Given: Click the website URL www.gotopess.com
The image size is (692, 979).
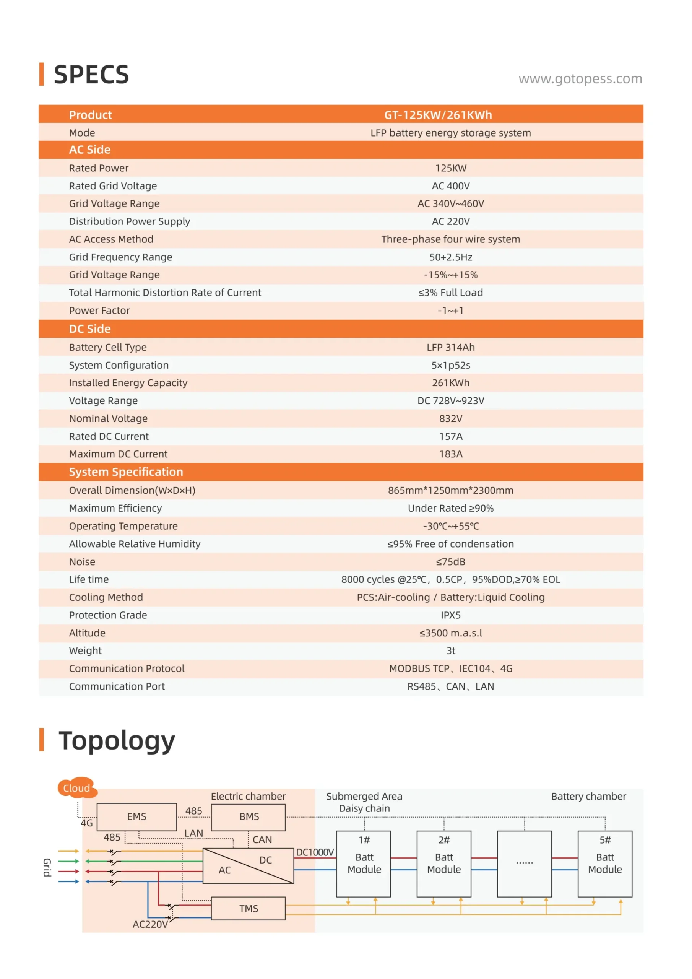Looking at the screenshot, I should (x=580, y=79).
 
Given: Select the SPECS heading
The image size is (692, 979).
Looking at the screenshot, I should (x=91, y=75).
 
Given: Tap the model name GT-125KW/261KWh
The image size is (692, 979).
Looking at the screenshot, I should (x=438, y=115).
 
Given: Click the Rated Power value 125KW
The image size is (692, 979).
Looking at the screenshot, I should (x=451, y=168).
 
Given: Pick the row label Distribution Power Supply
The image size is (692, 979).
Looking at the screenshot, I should (x=130, y=221).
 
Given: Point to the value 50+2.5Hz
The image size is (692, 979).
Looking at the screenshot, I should (x=451, y=257).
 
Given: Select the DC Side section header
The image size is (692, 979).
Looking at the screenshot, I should (x=90, y=329).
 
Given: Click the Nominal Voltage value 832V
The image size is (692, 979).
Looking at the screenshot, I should (x=451, y=418).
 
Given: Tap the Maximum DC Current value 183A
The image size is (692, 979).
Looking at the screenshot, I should (x=451, y=454).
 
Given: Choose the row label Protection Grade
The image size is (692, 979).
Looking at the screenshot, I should (x=108, y=615).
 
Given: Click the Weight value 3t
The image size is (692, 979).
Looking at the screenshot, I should (x=451, y=650).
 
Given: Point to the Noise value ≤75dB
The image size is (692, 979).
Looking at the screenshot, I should (x=451, y=561).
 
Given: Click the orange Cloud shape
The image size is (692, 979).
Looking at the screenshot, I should (x=77, y=788).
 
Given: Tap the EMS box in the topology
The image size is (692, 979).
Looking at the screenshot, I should (x=136, y=816).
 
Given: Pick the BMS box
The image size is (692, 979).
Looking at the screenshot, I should (x=249, y=816).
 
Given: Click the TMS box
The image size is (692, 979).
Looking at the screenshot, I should (x=249, y=909).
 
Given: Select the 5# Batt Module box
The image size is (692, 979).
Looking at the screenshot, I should (x=604, y=864).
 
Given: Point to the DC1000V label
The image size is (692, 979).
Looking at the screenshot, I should (x=315, y=852).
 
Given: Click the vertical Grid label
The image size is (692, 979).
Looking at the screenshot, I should (x=47, y=867).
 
